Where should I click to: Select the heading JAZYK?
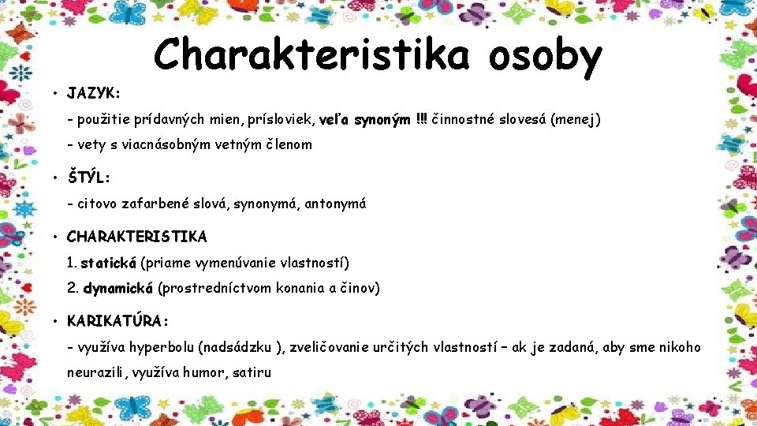click(x=94, y=93)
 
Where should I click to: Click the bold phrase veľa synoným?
click(x=364, y=120)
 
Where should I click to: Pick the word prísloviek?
click(x=279, y=120)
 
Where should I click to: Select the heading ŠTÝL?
click(x=88, y=177)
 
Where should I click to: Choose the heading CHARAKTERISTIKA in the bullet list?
click(x=137, y=236)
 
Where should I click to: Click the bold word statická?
click(x=109, y=262)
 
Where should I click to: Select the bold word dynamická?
click(x=118, y=288)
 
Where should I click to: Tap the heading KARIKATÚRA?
click(x=117, y=321)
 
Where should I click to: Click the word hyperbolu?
click(x=169, y=348)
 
